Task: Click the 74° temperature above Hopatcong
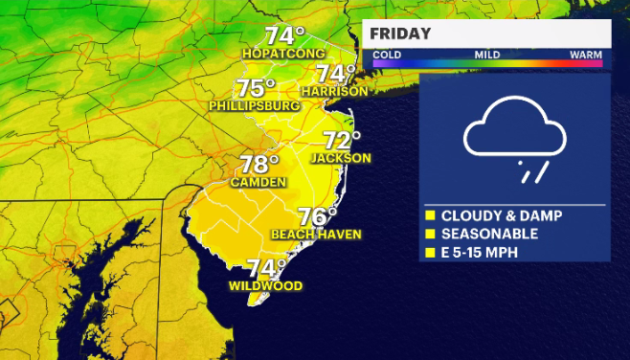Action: pyautogui.click(x=284, y=36)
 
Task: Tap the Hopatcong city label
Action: pyautogui.click(x=285, y=55)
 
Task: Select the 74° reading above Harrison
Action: pyautogui.click(x=336, y=74)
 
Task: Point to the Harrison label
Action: pyautogui.click(x=334, y=91)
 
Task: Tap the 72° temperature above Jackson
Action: pyautogui.click(x=342, y=141)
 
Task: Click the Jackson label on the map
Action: pyautogui.click(x=341, y=158)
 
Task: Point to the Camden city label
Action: pyautogui.click(x=259, y=182)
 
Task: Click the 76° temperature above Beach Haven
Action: pyautogui.click(x=318, y=217)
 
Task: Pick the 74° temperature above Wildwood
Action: pyautogui.click(x=267, y=268)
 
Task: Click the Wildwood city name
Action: pyautogui.click(x=266, y=286)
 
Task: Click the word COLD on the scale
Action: pyautogui.click(x=387, y=55)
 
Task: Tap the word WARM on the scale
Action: pyautogui.click(x=586, y=55)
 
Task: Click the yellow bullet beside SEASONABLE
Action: pyautogui.click(x=431, y=234)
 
